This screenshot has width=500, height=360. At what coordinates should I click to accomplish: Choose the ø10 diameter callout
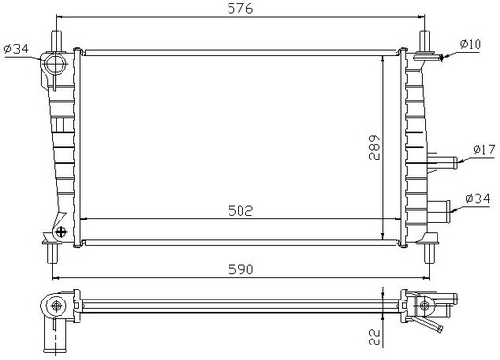click(x=473, y=43)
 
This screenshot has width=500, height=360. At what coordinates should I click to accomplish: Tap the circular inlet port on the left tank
click(x=56, y=68)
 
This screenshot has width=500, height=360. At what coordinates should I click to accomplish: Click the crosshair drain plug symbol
click(x=62, y=232)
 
